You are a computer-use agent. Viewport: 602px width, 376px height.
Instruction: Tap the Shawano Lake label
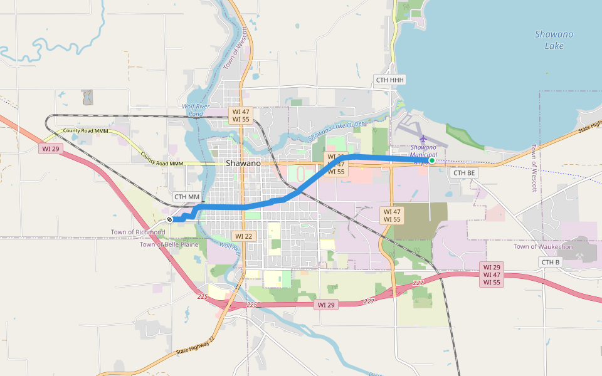tap(554, 39)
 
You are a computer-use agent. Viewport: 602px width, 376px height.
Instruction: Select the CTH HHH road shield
tap(390, 80)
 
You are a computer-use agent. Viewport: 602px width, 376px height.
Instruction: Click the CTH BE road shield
tap(464, 172)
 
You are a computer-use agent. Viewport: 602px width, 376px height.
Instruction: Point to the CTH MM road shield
tap(187, 197)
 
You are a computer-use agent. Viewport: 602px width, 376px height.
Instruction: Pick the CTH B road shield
tap(549, 261)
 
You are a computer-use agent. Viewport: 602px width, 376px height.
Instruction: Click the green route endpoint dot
tap(432, 160)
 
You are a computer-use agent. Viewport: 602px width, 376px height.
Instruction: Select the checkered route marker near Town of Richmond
tap(170, 219)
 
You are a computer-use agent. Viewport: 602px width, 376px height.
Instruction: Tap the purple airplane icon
tap(423, 138)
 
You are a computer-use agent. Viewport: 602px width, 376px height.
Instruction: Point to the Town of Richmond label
tap(138, 232)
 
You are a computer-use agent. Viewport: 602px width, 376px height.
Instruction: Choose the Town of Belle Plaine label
tap(169, 244)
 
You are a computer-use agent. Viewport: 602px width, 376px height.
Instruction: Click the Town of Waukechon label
tap(542, 246)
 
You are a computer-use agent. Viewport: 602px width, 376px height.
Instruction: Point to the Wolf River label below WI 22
tap(231, 247)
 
